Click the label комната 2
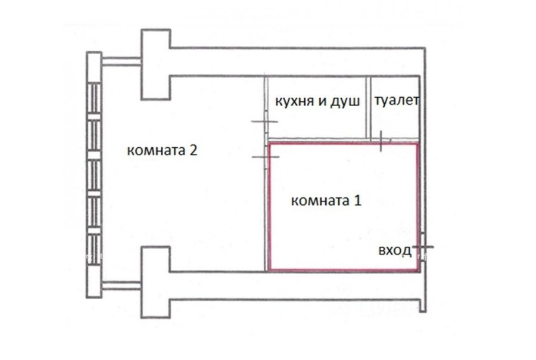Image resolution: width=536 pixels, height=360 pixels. pyautogui.click(x=162, y=150)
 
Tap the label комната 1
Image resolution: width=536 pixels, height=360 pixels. pyautogui.click(x=326, y=200)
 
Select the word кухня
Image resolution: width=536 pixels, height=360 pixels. pyautogui.click(x=295, y=102)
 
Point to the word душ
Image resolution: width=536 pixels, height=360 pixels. pyautogui.click(x=345, y=102)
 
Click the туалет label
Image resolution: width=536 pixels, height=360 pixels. pyautogui.click(x=397, y=100)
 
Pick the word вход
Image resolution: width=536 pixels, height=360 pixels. pyautogui.click(x=395, y=251)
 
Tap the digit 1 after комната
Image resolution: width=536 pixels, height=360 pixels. pyautogui.click(x=357, y=200)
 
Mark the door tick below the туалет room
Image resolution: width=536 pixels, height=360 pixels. pyautogui.click(x=381, y=141)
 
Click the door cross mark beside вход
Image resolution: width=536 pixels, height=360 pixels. pyautogui.click(x=422, y=247)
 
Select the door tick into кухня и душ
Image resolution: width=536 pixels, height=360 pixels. pyautogui.click(x=264, y=122)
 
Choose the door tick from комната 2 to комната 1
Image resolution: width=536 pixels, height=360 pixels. pyautogui.click(x=266, y=157)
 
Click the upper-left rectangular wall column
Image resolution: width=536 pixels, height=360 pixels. pyautogui.click(x=156, y=65)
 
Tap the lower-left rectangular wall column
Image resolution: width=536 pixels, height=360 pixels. pyautogui.click(x=156, y=283)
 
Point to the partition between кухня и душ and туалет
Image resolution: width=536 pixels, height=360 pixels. pyautogui.click(x=369, y=108)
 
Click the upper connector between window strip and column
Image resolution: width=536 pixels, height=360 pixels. pyautogui.click(x=121, y=61)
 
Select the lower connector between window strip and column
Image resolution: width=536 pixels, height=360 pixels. pyautogui.click(x=121, y=285)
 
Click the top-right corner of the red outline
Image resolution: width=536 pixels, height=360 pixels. pyautogui.click(x=417, y=144)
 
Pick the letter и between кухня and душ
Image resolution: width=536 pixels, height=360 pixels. pyautogui.click(x=322, y=102)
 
